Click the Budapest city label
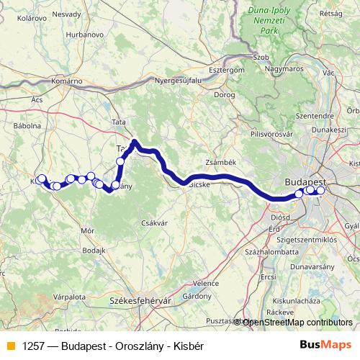tap(305, 181)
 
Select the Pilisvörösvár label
tap(271, 134)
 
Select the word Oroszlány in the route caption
tap(135, 346)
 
